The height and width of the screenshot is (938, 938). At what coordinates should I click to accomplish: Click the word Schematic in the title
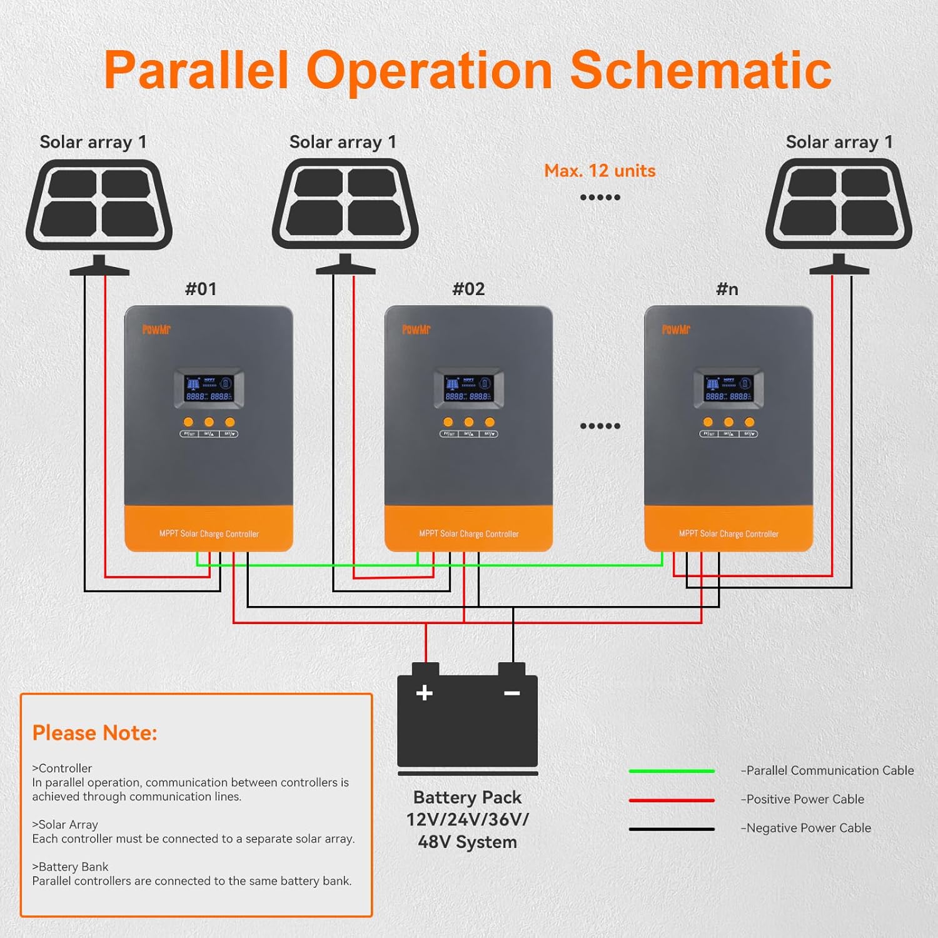[700, 70]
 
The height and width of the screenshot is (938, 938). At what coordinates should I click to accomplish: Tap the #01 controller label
[201, 289]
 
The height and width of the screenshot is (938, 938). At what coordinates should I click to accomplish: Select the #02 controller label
[468, 289]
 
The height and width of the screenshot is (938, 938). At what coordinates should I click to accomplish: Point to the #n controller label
[727, 289]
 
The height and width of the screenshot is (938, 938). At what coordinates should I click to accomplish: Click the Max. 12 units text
[600, 171]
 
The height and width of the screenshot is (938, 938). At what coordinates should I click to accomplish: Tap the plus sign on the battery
[425, 693]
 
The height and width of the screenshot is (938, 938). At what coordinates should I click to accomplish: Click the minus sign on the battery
[512, 693]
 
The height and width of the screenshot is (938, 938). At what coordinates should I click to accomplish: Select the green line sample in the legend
[672, 771]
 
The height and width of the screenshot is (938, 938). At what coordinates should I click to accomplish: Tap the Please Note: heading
[94, 733]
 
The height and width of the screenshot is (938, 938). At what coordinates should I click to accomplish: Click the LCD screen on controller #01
[209, 389]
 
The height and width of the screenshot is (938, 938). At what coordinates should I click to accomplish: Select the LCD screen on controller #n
[729, 389]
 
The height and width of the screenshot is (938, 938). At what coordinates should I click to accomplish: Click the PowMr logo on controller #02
[416, 330]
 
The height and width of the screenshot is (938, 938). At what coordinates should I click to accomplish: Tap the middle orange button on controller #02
[468, 422]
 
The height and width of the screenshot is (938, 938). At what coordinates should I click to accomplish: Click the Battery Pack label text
[467, 798]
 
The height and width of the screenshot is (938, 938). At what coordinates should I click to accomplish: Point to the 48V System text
[467, 842]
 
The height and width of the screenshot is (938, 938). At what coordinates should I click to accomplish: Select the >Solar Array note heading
[65, 825]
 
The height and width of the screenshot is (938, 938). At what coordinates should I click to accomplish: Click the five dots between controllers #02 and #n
[600, 426]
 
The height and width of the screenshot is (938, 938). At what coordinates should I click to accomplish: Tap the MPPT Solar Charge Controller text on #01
[209, 534]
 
